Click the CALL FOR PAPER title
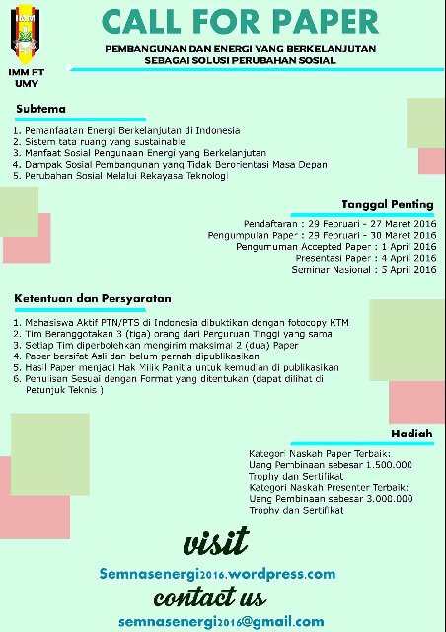(240, 23)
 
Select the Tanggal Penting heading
(387, 204)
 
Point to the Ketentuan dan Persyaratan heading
(93, 298)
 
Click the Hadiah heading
(411, 434)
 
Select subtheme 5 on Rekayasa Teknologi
(120, 176)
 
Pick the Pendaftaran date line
(339, 224)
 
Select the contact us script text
(209, 597)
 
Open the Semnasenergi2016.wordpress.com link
(217, 574)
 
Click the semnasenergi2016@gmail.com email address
(221, 622)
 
